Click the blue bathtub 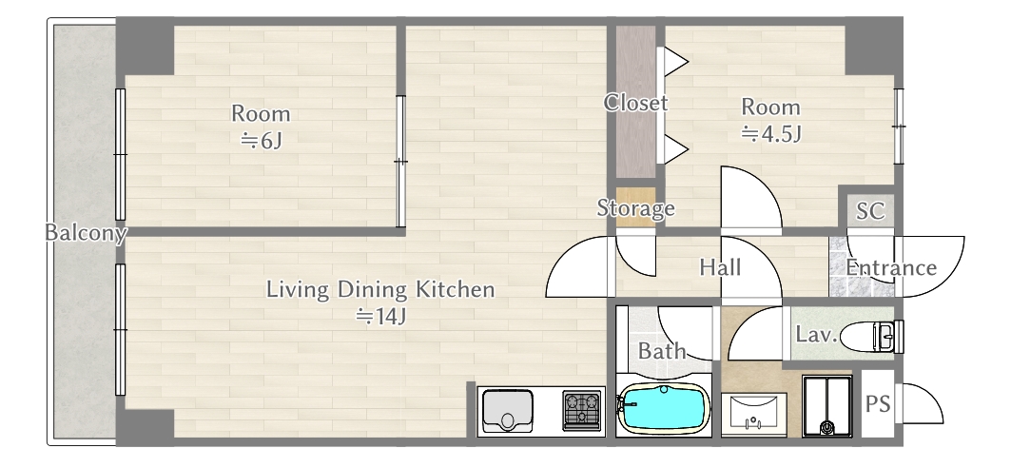tap(664, 409)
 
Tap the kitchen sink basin tap(508, 410)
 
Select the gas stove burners tap(581, 410)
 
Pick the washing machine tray tap(827, 406)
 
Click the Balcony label tap(86, 233)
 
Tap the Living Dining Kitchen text tap(380, 289)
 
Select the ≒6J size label tap(262, 140)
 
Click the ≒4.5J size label tap(771, 134)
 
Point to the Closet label tap(635, 103)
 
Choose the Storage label tap(635, 207)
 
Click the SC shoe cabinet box tap(870, 210)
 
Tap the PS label tap(878, 404)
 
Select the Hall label tap(720, 267)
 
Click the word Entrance tap(891, 267)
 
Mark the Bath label tap(662, 351)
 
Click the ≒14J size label tap(380, 317)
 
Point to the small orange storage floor tap(635, 207)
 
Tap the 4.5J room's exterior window tap(899, 127)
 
